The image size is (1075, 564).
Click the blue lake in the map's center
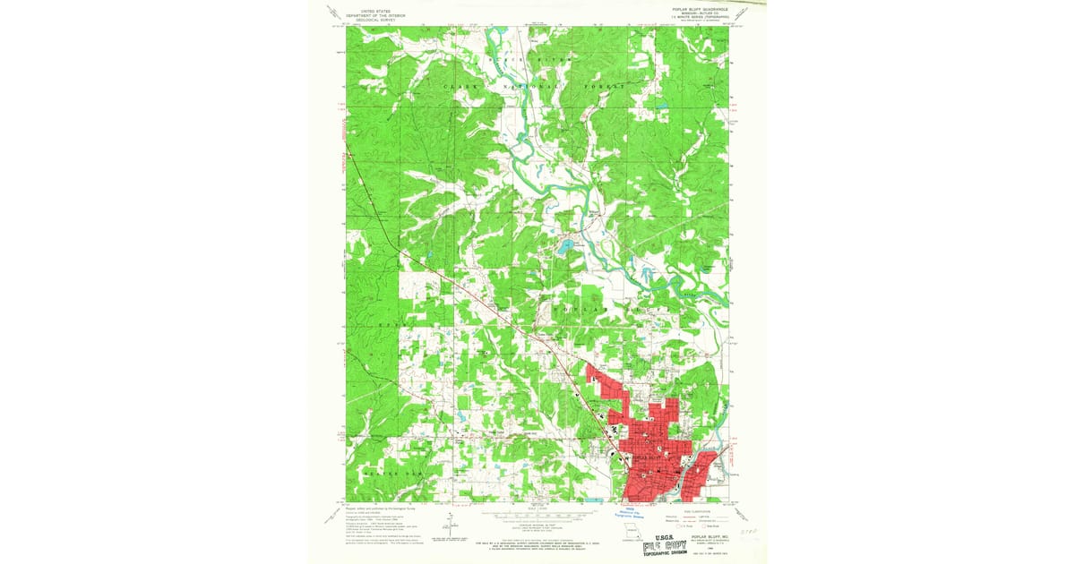click(x=566, y=244)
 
